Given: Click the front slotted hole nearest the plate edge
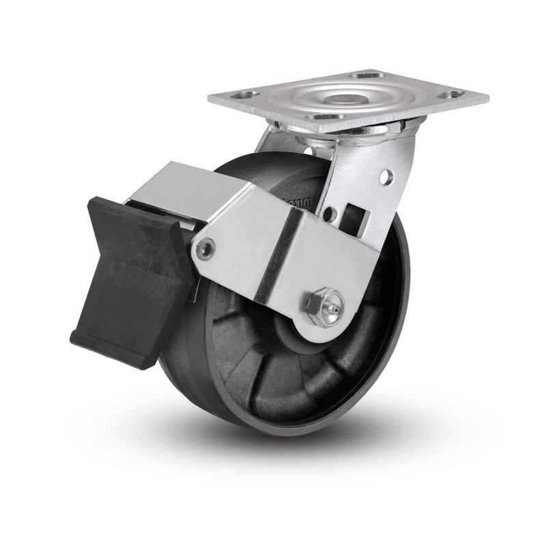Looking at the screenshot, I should (326, 117).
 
